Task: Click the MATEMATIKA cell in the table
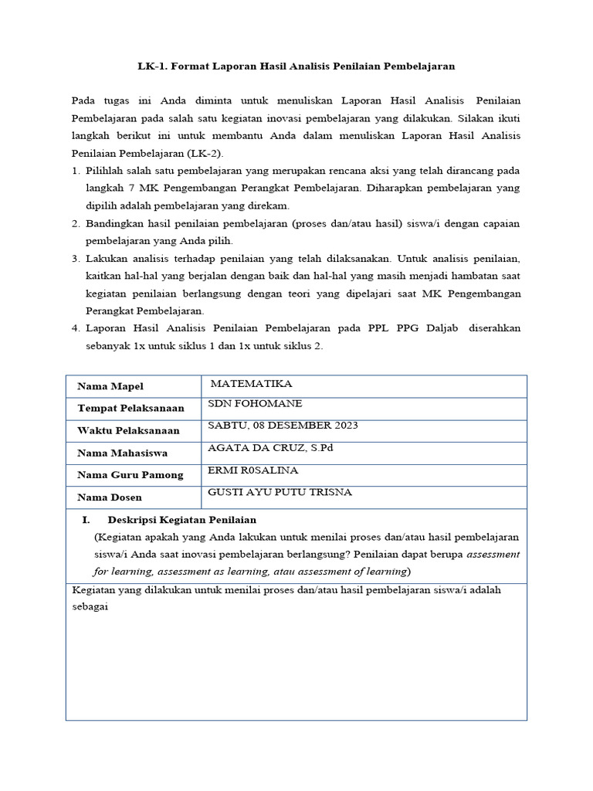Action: coord(251,384)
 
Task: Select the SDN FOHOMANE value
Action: coord(255,404)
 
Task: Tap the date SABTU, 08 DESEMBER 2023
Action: coord(283,426)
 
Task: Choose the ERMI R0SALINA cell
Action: coord(252,470)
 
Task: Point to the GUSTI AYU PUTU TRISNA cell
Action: coord(280,492)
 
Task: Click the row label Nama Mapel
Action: coord(110,386)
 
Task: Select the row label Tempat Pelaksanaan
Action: coord(130,408)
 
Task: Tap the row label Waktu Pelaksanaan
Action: coord(128,430)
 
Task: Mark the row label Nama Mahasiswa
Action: coord(122,453)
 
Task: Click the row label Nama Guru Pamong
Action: coord(130,475)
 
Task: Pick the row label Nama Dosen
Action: coord(109,497)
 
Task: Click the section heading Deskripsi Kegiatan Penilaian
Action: coord(182,520)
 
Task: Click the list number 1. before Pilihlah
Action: coord(76,170)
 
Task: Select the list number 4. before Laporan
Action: coord(76,328)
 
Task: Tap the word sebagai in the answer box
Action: coord(89,606)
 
